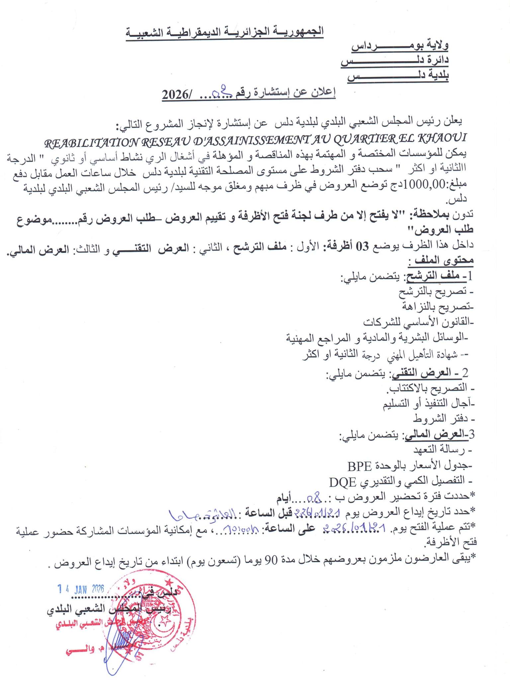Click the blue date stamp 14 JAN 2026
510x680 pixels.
81,589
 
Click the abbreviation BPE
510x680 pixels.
360,466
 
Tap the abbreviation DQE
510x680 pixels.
342,481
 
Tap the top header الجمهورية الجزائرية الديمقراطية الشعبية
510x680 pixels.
224,33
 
